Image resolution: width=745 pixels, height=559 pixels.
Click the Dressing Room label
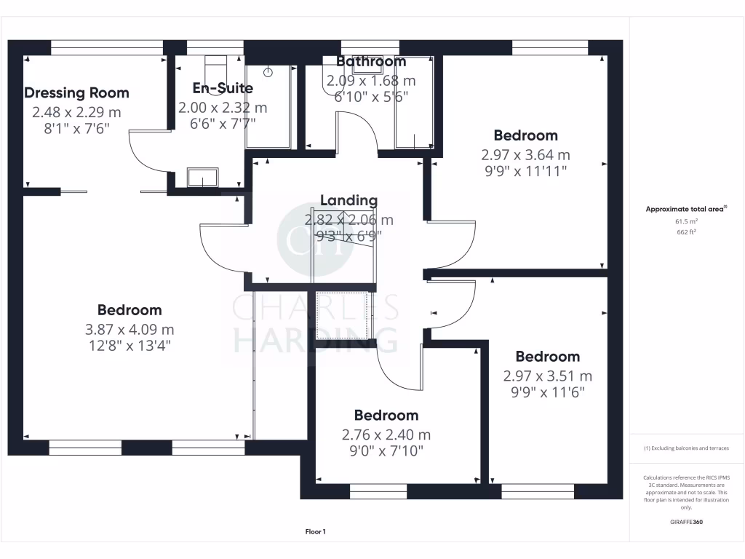[76, 93]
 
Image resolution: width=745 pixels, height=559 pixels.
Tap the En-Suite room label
[223, 88]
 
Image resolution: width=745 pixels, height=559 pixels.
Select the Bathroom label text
[370, 62]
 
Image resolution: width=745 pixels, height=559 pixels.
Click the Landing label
[348, 200]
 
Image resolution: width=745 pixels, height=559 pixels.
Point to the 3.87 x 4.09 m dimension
[130, 329]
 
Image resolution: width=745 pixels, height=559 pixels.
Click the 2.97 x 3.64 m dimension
[525, 154]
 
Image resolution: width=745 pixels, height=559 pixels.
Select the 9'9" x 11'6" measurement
[547, 392]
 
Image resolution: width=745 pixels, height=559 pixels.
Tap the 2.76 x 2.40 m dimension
[386, 435]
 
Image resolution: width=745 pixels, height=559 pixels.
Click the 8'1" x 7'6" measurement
[76, 128]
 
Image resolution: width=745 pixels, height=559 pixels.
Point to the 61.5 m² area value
[688, 221]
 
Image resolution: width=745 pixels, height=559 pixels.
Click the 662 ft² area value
[688, 233]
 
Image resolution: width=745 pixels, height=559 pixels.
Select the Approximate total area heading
[687, 209]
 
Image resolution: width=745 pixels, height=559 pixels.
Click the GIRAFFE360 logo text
[687, 522]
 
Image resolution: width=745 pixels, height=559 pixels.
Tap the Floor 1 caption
[315, 532]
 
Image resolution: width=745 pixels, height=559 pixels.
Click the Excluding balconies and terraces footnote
[687, 448]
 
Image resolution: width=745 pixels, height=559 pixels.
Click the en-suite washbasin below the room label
[202, 177]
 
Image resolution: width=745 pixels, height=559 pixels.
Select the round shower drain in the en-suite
[268, 72]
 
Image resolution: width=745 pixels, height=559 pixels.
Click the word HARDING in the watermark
[314, 338]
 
